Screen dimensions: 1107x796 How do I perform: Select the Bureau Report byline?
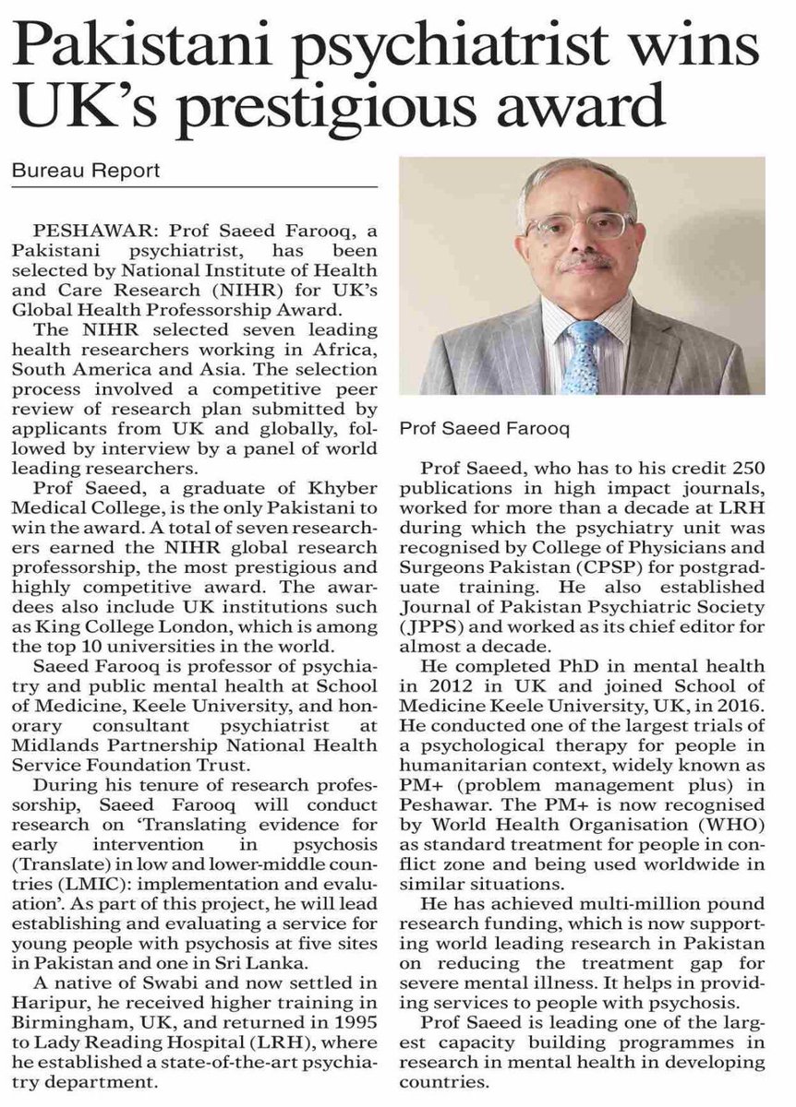[x=86, y=171]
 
